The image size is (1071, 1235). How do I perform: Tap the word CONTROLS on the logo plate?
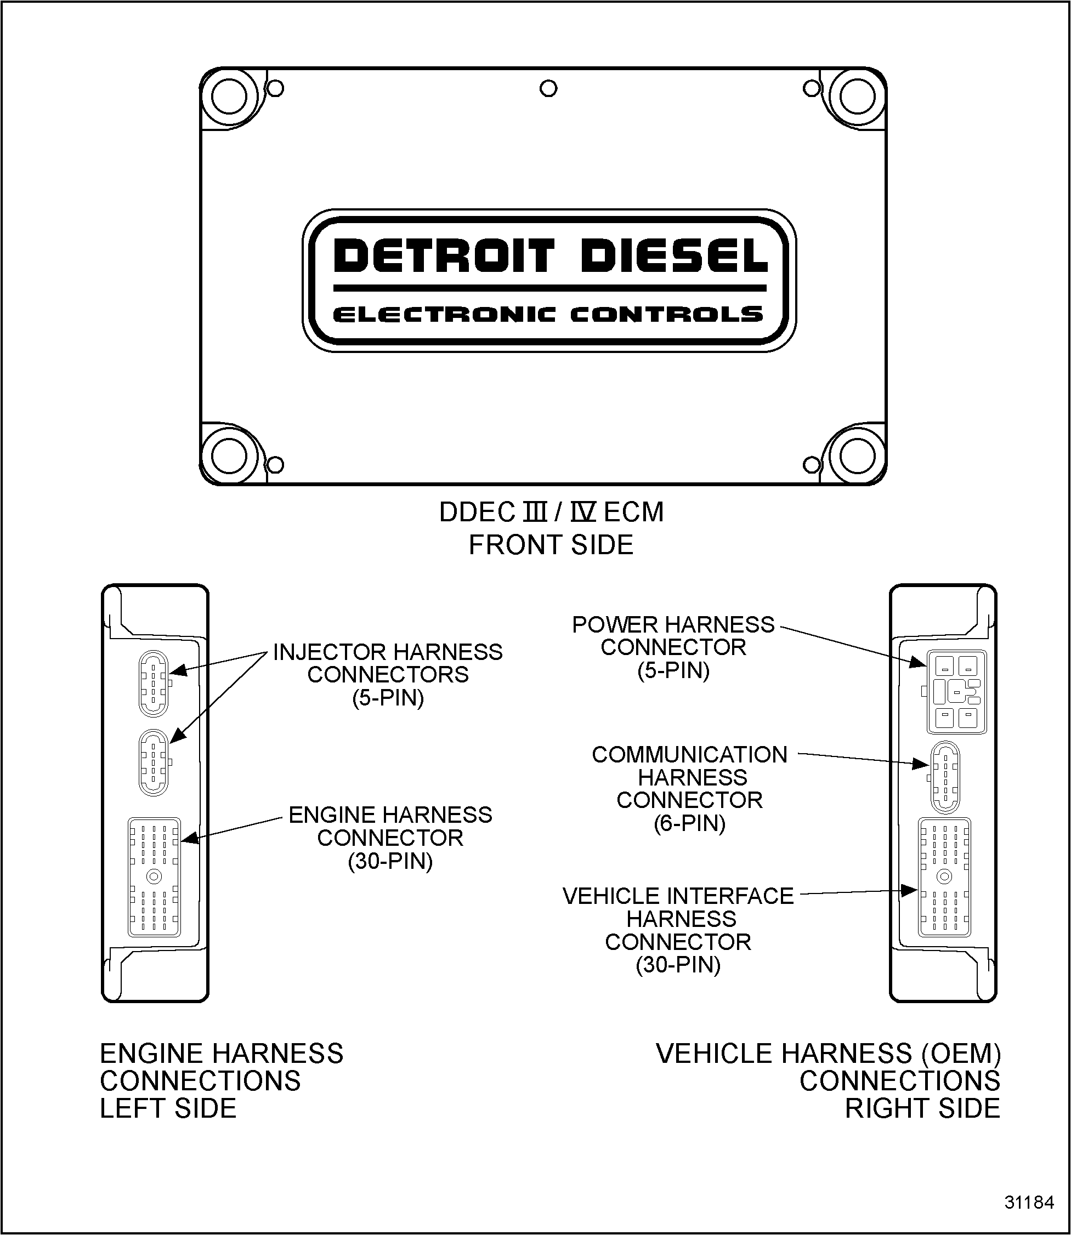[666, 314]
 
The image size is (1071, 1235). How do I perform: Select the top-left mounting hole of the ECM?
[229, 97]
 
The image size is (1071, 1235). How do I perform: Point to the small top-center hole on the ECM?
[548, 88]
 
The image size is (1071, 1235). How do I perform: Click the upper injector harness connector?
[154, 683]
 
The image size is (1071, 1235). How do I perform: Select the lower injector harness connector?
[154, 762]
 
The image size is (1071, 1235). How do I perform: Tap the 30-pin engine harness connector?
[154, 877]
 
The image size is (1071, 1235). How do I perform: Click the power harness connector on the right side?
[956, 691]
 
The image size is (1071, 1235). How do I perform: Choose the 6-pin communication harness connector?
[945, 777]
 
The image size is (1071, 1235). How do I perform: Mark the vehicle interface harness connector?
[944, 877]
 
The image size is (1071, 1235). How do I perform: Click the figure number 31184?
[1029, 1202]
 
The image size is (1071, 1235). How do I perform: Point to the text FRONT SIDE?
[551, 545]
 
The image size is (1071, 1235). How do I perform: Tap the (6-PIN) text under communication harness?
[689, 823]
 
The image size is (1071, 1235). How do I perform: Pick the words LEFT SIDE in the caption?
[168, 1108]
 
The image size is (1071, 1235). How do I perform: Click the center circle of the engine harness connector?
[154, 877]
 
